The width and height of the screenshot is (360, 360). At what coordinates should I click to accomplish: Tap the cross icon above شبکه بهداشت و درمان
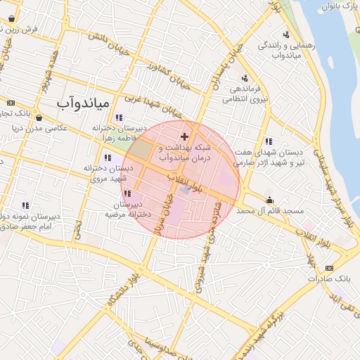tap(185, 136)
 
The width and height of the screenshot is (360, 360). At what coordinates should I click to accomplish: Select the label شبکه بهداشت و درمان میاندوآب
tap(185, 153)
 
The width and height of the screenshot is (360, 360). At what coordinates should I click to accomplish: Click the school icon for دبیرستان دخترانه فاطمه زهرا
tap(119, 118)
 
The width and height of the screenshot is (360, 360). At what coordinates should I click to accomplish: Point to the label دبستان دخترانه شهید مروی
tap(108, 174)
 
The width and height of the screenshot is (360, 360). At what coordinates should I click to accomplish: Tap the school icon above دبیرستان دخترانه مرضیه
tap(127, 193)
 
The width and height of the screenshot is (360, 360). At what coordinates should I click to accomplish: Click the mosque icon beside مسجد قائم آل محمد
tap(269, 200)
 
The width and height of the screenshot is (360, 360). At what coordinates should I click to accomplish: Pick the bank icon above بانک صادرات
tap(330, 268)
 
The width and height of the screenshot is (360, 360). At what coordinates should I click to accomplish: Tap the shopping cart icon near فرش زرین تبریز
tap(12, 18)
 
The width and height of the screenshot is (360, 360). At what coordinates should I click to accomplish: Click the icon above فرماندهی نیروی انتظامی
tap(245, 78)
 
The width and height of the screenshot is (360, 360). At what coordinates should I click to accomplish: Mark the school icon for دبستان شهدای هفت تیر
tap(268, 141)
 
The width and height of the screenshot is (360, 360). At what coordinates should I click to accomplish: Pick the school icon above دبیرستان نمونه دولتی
tap(25, 205)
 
